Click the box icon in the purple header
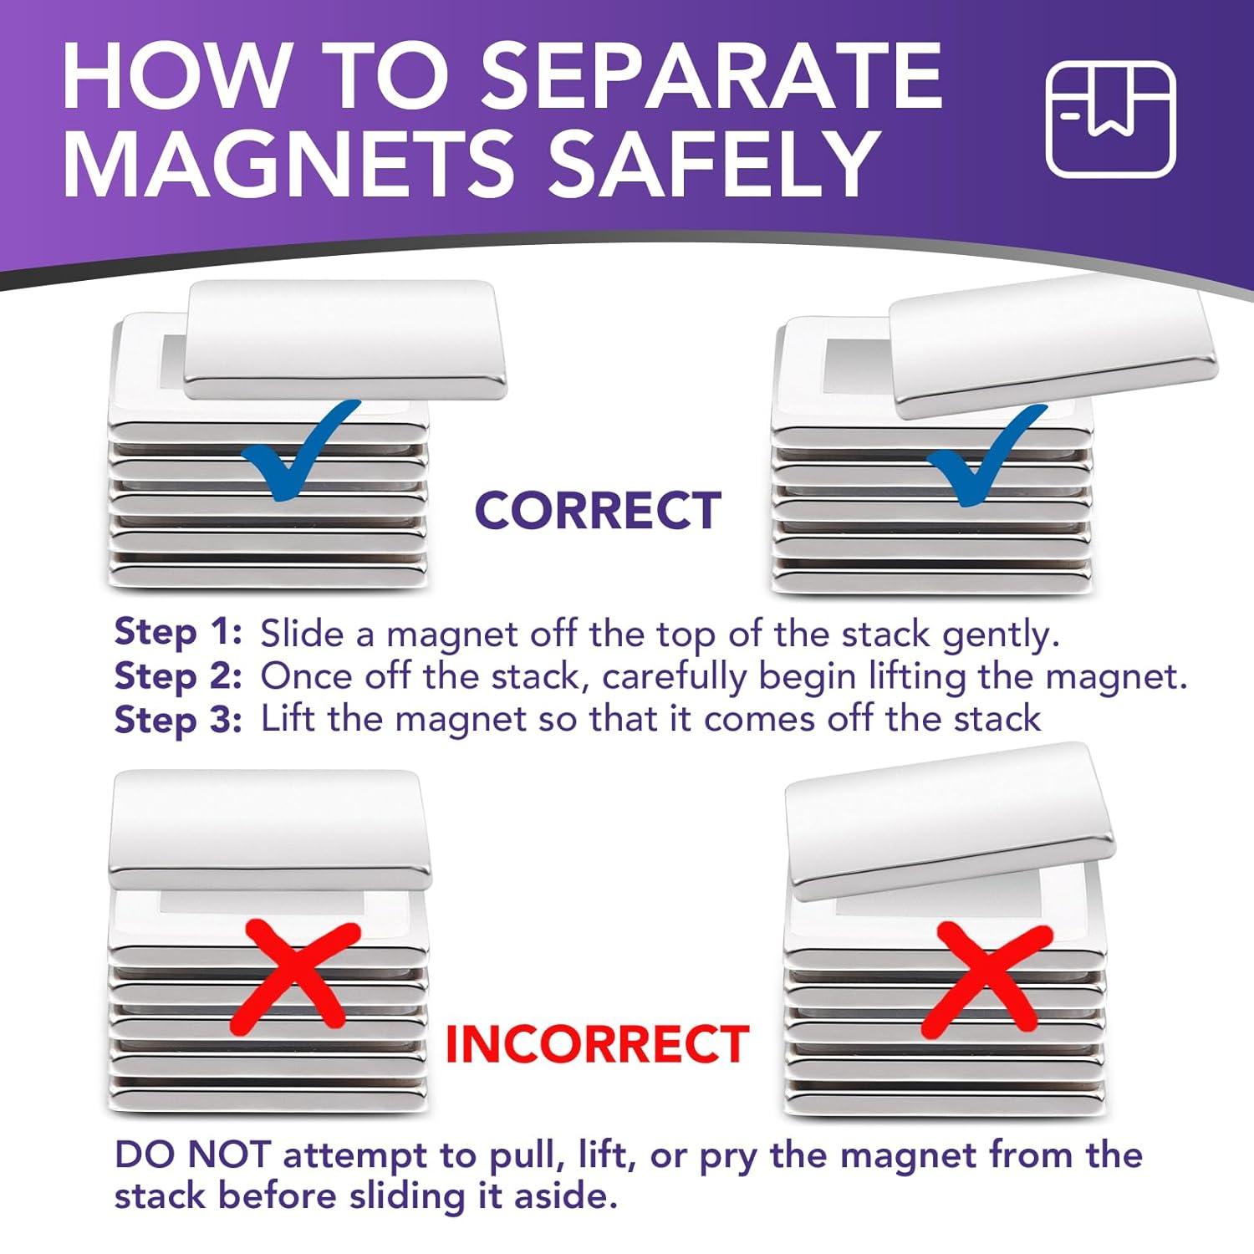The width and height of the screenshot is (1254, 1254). tap(1111, 119)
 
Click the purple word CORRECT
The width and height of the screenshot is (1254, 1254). tap(598, 510)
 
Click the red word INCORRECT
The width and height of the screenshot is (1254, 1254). tap(597, 1043)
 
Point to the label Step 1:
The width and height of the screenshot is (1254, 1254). tap(178, 633)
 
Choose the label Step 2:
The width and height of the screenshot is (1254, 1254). tap(178, 675)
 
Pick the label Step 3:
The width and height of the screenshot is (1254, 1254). tap(178, 719)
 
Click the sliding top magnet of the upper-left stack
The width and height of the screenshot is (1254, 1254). tap(344, 339)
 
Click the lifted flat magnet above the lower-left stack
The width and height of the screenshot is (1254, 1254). tap(269, 830)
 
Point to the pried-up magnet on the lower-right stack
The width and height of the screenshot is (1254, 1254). tap(951, 821)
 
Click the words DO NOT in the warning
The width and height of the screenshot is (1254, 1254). tap(192, 1155)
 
